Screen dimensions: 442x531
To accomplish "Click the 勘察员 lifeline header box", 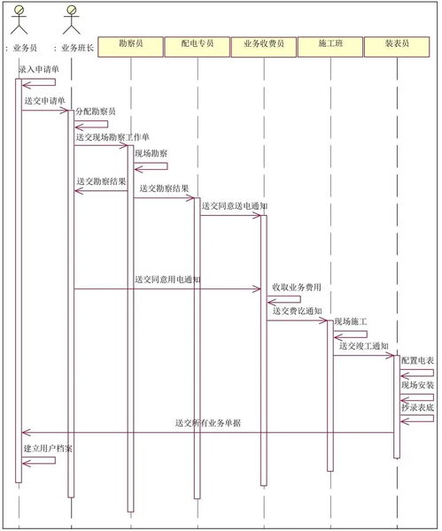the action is click(131, 47).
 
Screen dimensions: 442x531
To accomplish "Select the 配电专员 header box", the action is click(198, 47).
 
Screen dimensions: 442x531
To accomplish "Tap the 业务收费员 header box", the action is click(264, 47).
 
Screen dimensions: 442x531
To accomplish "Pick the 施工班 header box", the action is click(330, 47).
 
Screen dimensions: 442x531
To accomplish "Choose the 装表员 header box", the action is click(397, 47).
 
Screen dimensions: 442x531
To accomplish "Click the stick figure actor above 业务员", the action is click(19, 20).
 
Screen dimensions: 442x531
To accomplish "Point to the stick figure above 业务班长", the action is click(72, 20).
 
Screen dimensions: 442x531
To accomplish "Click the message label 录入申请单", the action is click(39, 70).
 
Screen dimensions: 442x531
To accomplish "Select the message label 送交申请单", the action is click(45, 101).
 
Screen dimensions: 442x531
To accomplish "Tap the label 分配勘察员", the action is click(96, 112).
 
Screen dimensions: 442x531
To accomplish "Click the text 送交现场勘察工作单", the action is click(112, 137).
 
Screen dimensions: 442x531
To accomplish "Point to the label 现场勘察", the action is click(151, 153).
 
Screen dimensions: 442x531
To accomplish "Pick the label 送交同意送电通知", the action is click(235, 206).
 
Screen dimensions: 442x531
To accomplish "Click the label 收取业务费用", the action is click(297, 287).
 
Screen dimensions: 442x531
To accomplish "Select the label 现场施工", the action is click(351, 321).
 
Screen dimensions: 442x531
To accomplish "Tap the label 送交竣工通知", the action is click(364, 346).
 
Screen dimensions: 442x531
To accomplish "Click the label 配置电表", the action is click(417, 360).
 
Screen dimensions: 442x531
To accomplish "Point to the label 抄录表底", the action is click(417, 407).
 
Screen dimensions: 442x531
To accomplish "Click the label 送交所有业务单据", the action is click(208, 423).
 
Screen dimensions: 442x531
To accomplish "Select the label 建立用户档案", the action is click(48, 449).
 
